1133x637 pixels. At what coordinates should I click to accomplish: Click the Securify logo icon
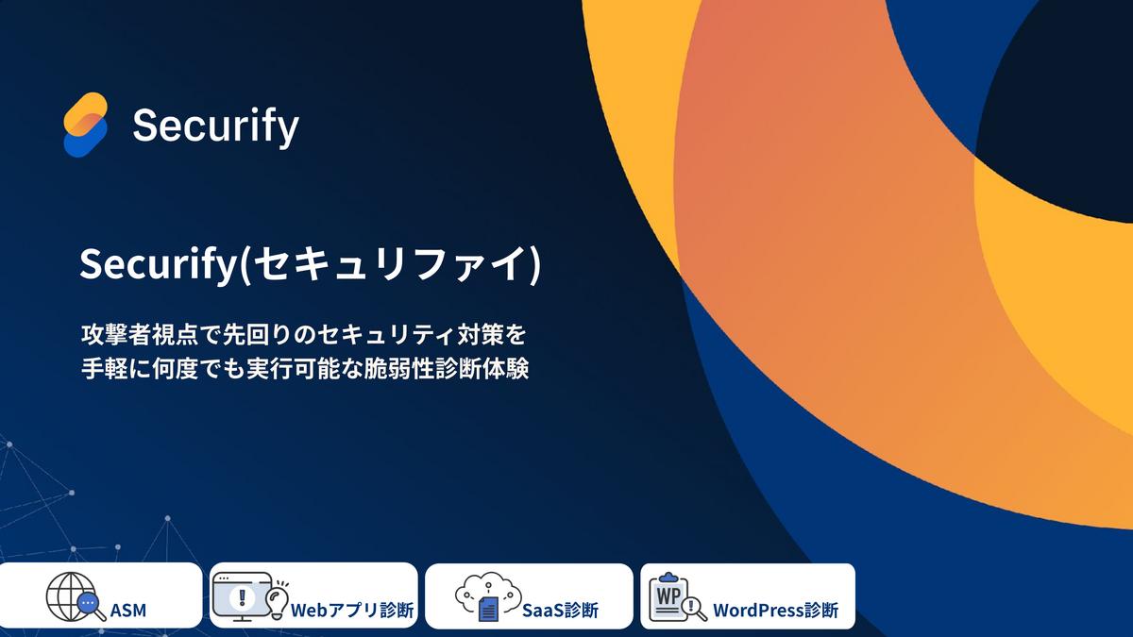click(x=86, y=125)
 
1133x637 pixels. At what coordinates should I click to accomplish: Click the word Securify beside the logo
click(x=216, y=126)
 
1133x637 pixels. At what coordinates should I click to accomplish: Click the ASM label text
click(x=128, y=611)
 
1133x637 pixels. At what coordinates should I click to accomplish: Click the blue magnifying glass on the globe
click(x=91, y=606)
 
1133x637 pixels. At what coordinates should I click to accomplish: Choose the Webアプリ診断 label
click(x=352, y=611)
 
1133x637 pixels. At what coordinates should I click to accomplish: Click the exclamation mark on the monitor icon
click(x=242, y=597)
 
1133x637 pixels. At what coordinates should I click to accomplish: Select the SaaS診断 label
click(x=560, y=611)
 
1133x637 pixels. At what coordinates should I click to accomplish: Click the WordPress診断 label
click(x=775, y=611)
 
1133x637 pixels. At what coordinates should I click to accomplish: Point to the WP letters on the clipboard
click(x=668, y=596)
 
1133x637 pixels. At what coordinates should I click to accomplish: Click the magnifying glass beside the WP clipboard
click(x=694, y=609)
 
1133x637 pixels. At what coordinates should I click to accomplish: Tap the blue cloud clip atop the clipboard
click(x=668, y=578)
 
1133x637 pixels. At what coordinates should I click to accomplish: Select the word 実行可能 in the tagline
click(x=294, y=370)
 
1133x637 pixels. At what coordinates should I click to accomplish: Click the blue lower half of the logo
click(x=84, y=139)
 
